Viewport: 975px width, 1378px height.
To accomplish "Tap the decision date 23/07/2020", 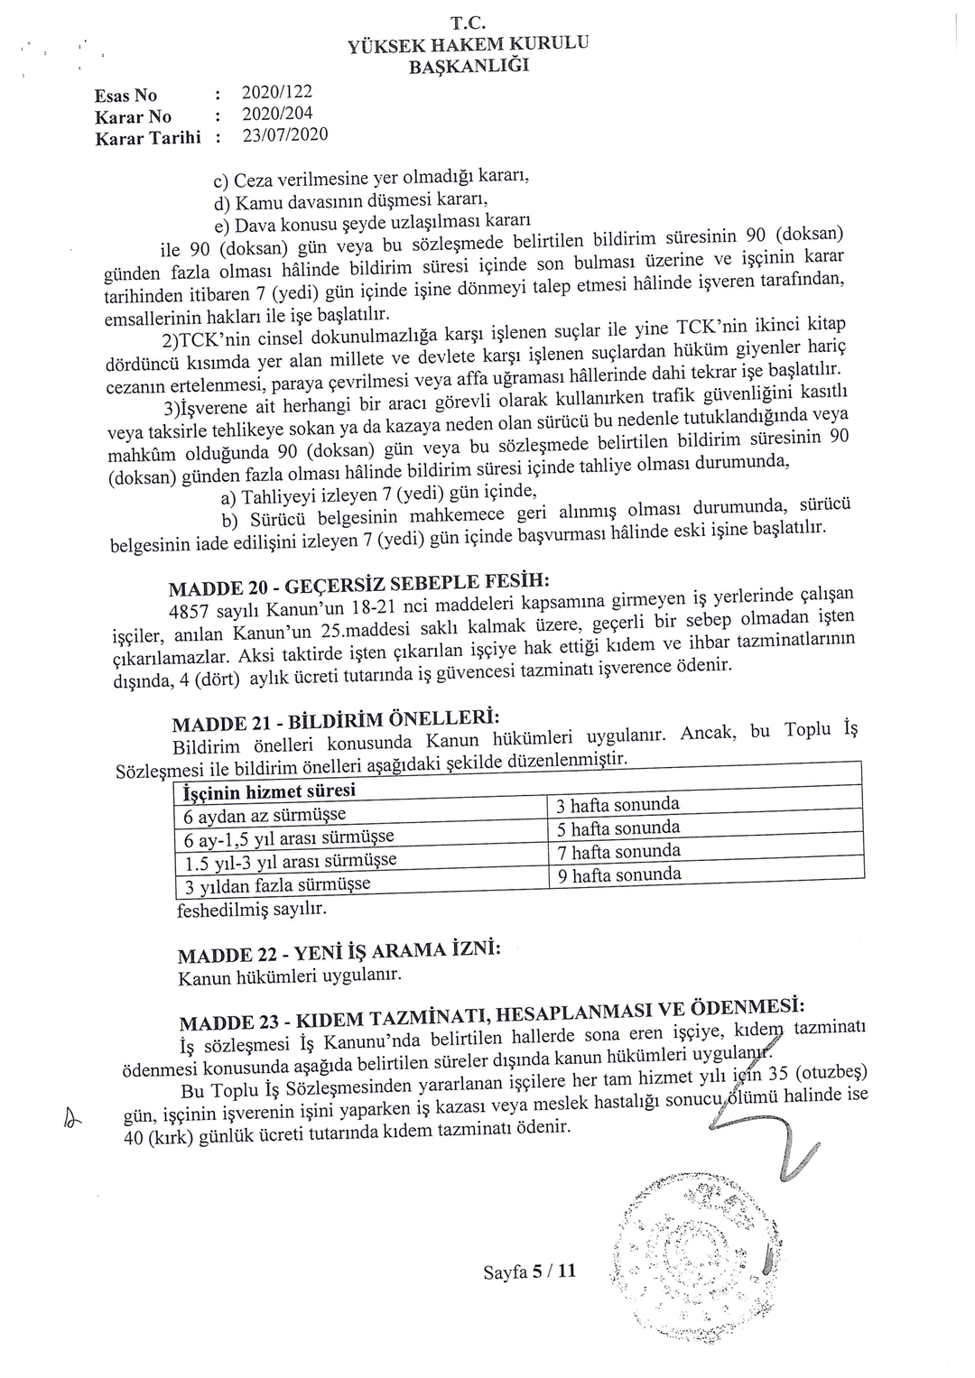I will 284,135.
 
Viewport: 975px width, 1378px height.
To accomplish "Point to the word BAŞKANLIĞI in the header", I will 469,67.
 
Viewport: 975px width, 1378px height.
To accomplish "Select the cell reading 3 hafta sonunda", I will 617,805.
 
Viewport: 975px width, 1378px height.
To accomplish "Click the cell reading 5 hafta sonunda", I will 617,828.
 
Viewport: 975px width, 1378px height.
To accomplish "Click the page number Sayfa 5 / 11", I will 529,1272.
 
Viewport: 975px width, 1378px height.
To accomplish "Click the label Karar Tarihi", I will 147,138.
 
